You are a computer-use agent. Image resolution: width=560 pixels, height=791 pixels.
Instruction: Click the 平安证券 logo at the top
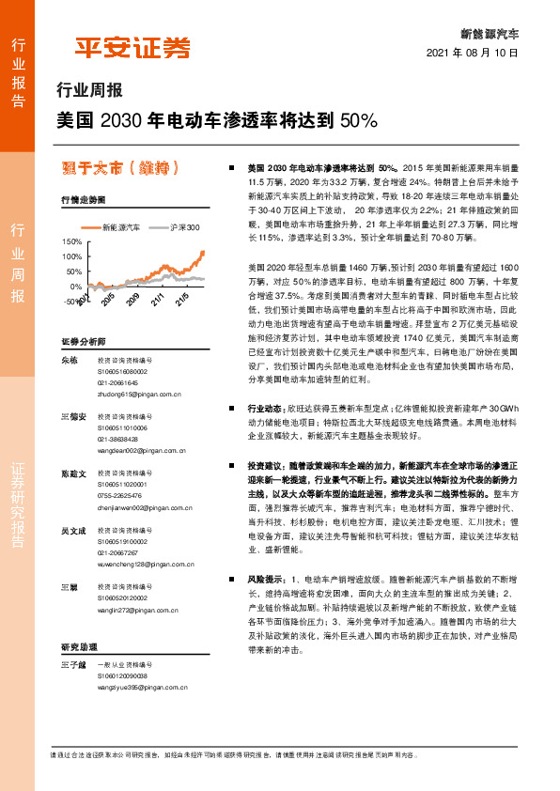pyautogui.click(x=132, y=47)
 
